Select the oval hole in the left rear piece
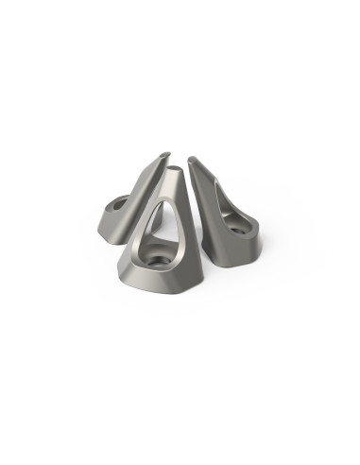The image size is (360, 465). click(x=121, y=201)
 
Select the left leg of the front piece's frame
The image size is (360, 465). click(x=139, y=236)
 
